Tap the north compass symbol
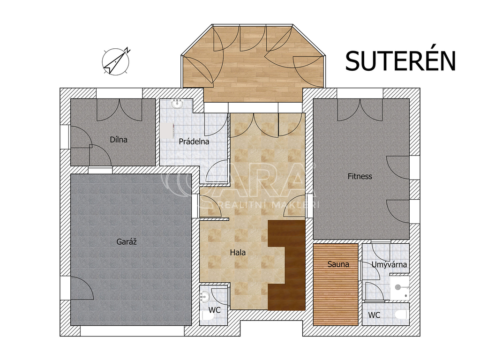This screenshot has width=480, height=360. [x=116, y=61]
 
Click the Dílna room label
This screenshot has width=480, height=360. [x=119, y=140]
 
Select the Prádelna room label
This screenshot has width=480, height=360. [x=194, y=142]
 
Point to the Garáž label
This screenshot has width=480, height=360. [x=127, y=241]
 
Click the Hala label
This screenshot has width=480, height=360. [x=238, y=253]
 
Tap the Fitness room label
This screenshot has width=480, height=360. [x=360, y=176]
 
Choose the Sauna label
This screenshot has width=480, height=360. [x=338, y=264]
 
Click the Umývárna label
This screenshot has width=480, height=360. [x=389, y=264]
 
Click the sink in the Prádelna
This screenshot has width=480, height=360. [x=177, y=105]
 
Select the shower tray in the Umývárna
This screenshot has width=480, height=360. [x=400, y=287]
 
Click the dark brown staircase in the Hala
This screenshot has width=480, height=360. [x=286, y=265]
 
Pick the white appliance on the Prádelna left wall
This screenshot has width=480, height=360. [x=167, y=131]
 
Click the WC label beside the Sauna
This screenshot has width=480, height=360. [x=374, y=315]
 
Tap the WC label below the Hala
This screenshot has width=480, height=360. [x=215, y=310]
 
